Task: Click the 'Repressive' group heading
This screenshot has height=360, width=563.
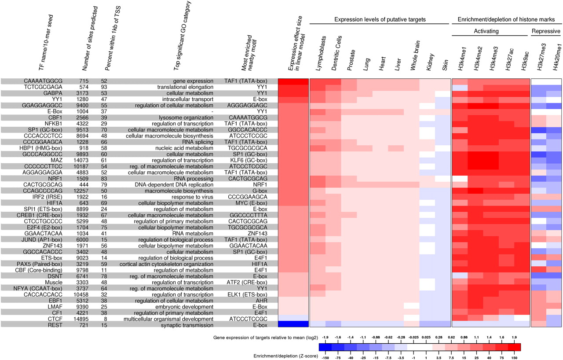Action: pyautogui.click(x=546, y=31)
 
